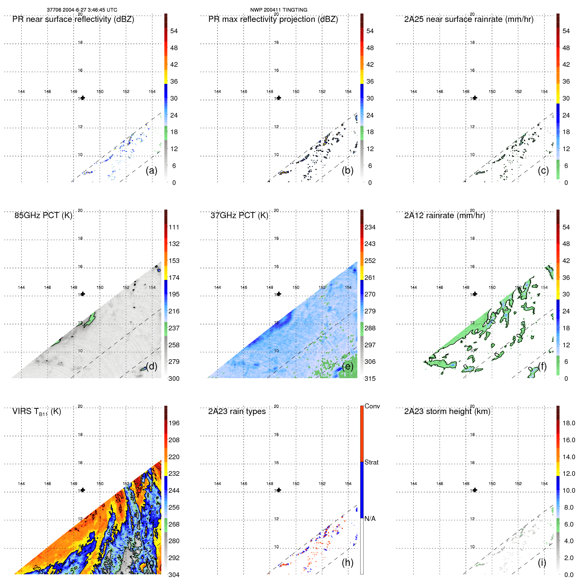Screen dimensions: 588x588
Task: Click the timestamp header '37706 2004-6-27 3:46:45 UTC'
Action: coord(82,10)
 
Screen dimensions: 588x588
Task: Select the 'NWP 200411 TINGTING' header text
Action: coord(279,10)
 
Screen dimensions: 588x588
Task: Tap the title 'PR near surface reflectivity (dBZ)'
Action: coord(73,19)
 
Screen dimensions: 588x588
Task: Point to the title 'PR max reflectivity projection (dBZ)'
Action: coord(273,19)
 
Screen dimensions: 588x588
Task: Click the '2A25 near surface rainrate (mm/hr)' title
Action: coord(469,19)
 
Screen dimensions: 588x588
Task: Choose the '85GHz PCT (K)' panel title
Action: coord(43,215)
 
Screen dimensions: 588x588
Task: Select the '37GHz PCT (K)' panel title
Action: coord(239,215)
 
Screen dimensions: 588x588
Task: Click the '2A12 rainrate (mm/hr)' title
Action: coord(444,215)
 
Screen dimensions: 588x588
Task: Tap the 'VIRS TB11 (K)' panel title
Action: coord(37,412)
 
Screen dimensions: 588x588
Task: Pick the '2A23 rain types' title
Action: coord(237,411)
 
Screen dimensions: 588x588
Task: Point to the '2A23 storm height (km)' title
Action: coord(447,411)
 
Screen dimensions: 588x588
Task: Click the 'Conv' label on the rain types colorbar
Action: coord(372,406)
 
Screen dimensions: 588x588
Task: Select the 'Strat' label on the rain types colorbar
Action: coord(371,462)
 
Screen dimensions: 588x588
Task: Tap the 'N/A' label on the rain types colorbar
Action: coord(370,519)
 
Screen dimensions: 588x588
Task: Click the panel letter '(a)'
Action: coord(151,170)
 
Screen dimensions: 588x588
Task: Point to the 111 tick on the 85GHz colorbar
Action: coord(174,227)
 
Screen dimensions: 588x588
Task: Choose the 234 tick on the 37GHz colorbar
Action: coord(370,227)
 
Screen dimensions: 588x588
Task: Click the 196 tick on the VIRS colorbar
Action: coord(174,423)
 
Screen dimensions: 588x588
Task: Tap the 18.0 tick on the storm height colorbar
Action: coord(568,423)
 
